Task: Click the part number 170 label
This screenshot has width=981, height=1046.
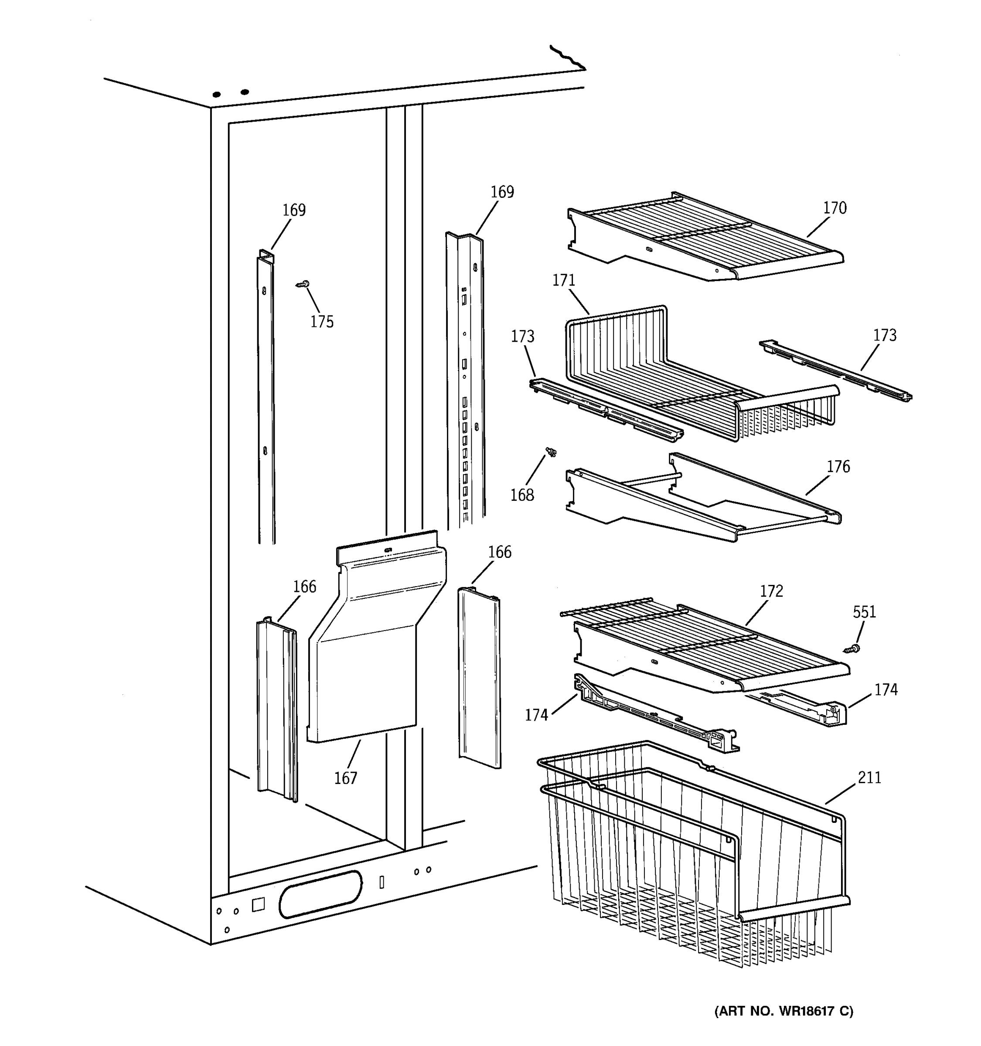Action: point(835,208)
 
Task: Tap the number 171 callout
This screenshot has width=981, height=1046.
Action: point(564,281)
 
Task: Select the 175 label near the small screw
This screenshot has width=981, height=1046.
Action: point(322,322)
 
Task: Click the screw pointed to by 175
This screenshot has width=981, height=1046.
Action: point(303,285)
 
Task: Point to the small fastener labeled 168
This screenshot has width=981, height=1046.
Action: point(551,452)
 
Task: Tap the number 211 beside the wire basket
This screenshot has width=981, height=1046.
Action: point(869,778)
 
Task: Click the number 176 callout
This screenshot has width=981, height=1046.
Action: point(838,467)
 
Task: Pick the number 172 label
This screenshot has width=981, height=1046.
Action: point(772,591)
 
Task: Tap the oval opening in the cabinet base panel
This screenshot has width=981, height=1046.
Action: point(320,894)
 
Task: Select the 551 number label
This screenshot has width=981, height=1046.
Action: point(864,612)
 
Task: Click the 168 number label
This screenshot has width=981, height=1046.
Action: point(522,495)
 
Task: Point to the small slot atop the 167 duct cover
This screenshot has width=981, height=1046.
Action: point(388,550)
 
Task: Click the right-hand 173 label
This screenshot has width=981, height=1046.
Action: point(885,335)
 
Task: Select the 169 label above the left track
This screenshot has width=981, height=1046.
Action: point(294,211)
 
